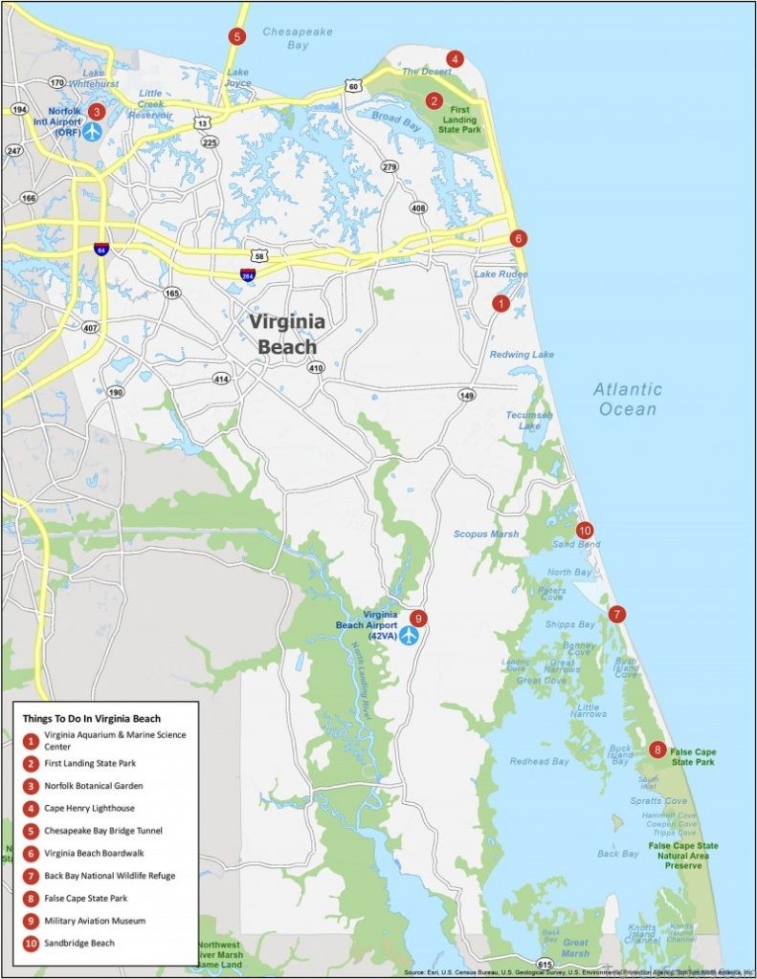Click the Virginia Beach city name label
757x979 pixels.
click(x=287, y=334)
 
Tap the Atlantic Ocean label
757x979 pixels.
click(x=627, y=399)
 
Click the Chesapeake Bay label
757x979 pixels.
click(x=298, y=38)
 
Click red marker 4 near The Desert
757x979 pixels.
click(x=455, y=59)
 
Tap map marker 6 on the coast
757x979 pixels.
click(x=518, y=238)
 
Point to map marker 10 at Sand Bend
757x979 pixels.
click(x=585, y=530)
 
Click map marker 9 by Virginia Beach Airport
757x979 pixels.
click(x=417, y=618)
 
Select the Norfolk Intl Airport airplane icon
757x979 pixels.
click(x=92, y=131)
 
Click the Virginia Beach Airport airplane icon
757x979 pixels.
click(x=410, y=635)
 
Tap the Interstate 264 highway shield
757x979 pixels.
click(x=247, y=274)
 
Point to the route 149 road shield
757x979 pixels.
click(x=467, y=395)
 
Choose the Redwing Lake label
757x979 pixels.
click(x=522, y=355)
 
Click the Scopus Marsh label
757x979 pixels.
click(x=485, y=534)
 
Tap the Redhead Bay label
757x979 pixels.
click(x=539, y=762)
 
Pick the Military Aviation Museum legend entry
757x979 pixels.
click(x=94, y=921)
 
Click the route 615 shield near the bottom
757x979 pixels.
click(x=545, y=964)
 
